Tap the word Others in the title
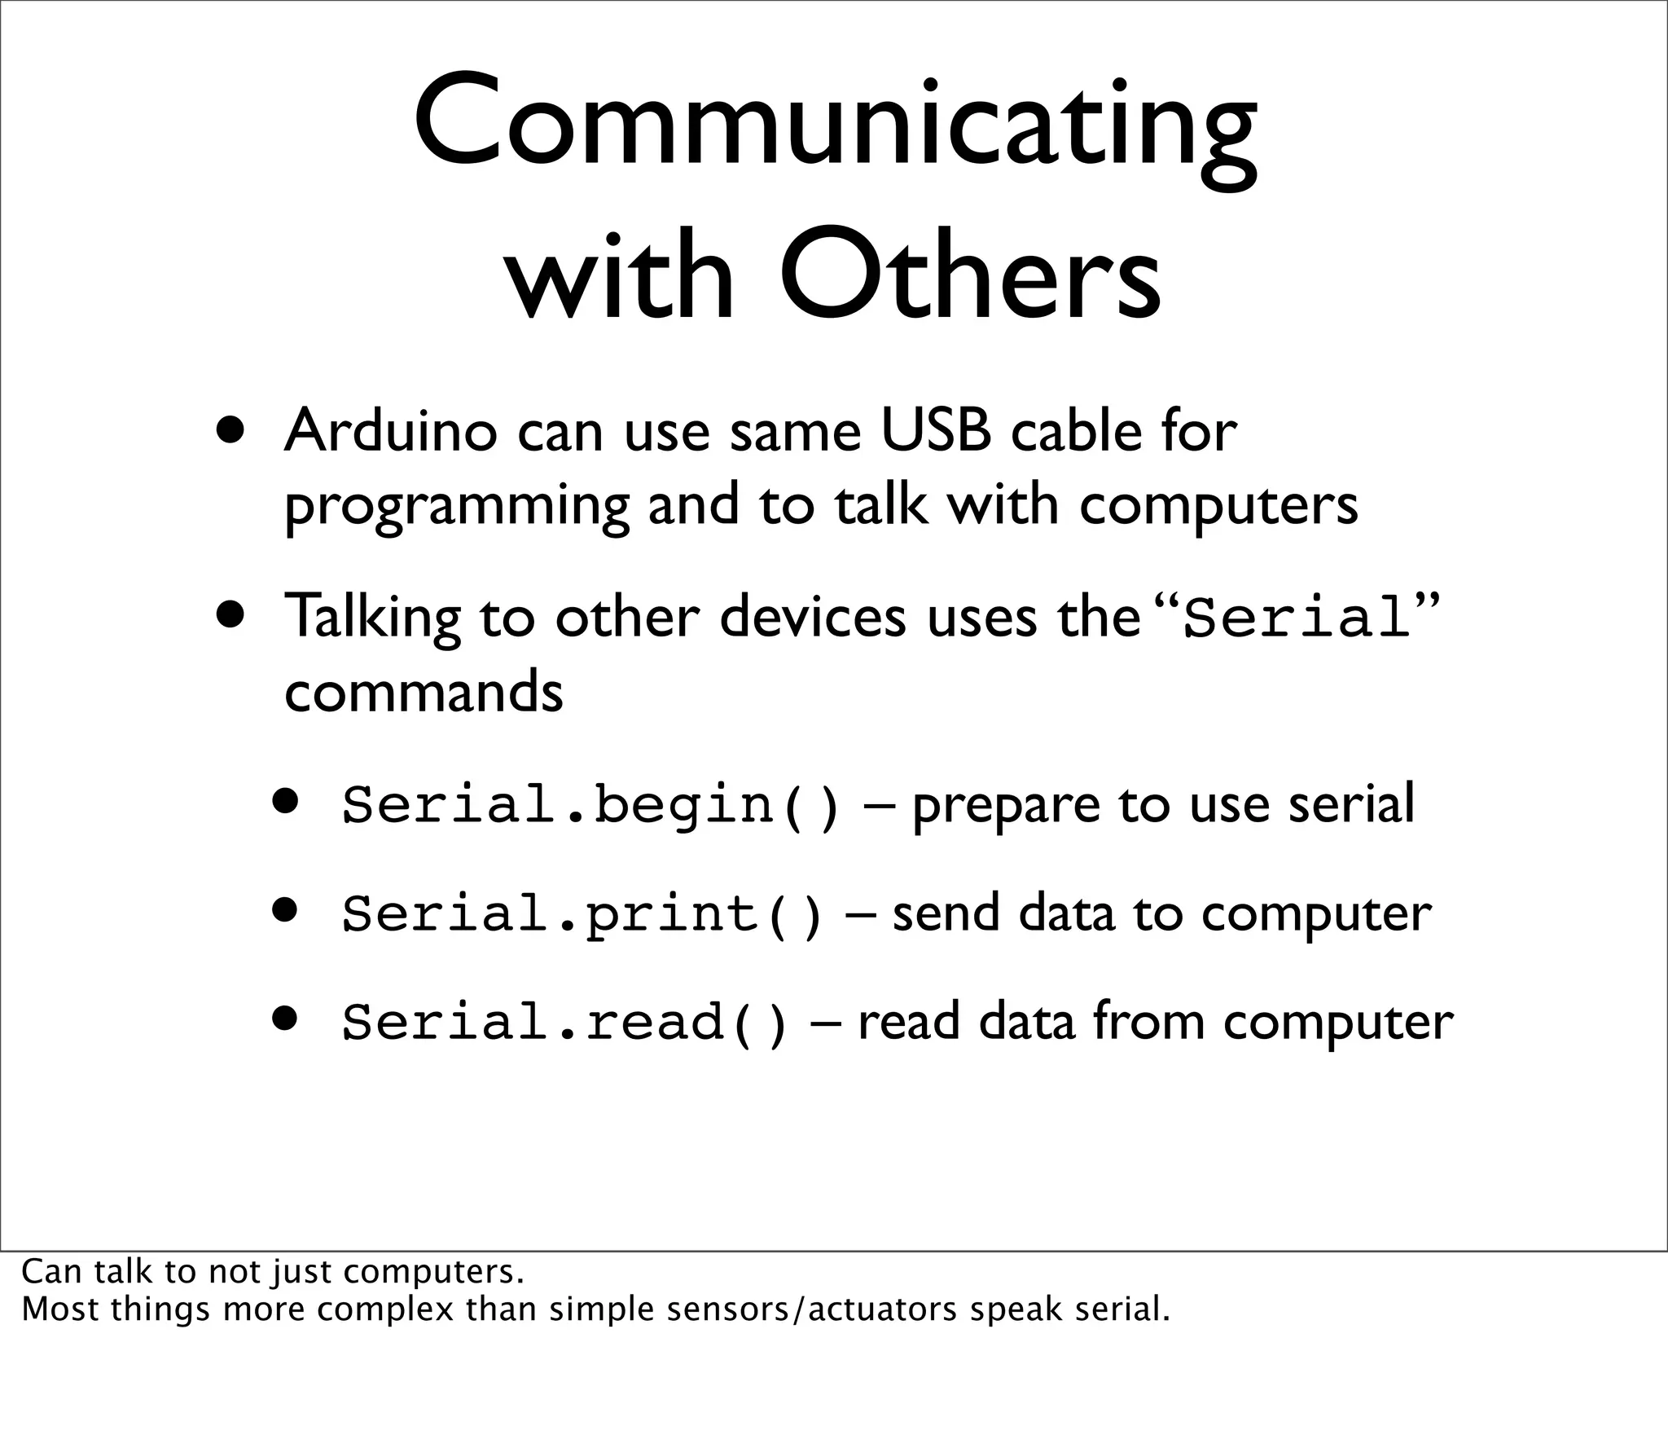(969, 273)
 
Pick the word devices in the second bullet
(812, 617)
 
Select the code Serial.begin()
(590, 805)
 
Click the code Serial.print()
(582, 913)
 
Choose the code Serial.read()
(565, 1022)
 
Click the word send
(946, 913)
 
